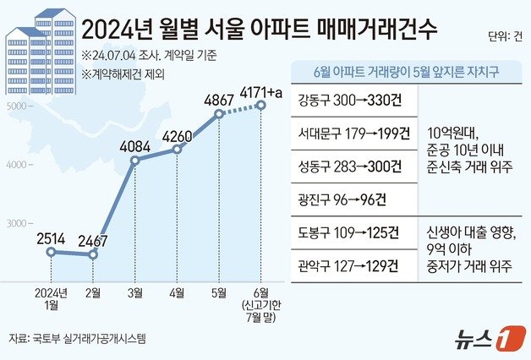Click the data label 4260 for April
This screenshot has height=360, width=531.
tap(177, 134)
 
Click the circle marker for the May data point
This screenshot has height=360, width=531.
tap(219, 113)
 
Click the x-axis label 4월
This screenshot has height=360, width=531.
tap(177, 292)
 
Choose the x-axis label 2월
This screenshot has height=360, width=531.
tap(93, 292)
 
